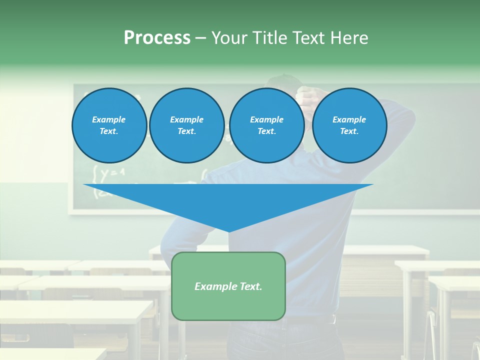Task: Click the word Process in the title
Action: pos(157,38)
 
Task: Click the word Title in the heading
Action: pos(269,38)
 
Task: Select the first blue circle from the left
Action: pos(109,125)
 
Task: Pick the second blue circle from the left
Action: pos(187,125)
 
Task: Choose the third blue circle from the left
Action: pos(266,125)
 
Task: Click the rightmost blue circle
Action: pos(349,125)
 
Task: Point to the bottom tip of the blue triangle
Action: pos(228,231)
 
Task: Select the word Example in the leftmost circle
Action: pos(109,119)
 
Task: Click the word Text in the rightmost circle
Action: pos(348,131)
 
